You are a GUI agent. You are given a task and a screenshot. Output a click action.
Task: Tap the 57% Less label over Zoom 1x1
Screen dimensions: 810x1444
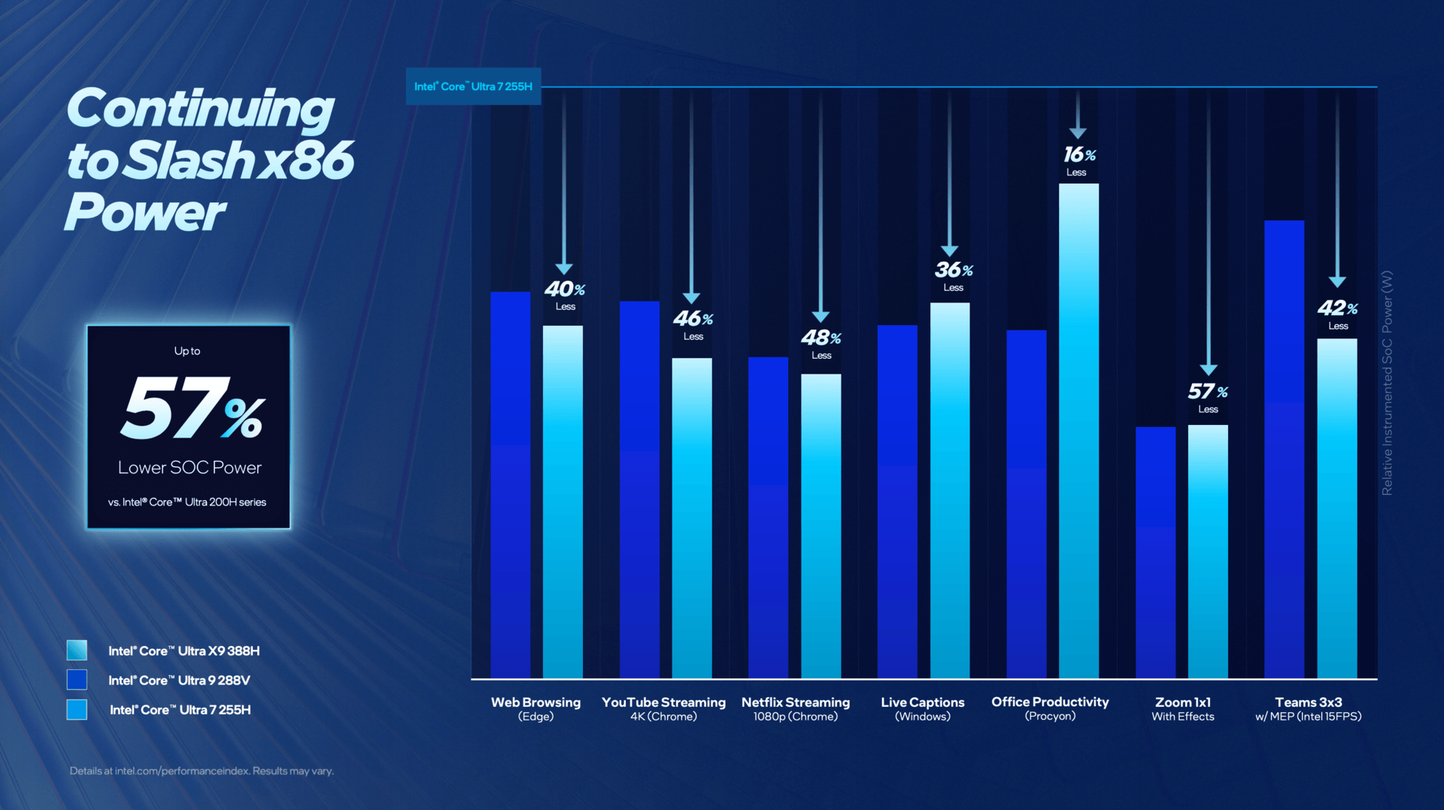(1208, 396)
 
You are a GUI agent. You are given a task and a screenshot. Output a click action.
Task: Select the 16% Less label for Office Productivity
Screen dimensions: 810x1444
(1078, 160)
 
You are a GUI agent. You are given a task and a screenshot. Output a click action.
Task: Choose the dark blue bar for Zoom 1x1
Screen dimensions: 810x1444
(1155, 552)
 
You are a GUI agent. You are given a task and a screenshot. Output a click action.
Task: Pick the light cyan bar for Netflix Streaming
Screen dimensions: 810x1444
(821, 526)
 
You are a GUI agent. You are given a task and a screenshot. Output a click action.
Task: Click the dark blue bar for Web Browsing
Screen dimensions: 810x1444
(510, 484)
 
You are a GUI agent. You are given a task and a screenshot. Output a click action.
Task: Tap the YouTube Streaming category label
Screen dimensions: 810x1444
(663, 708)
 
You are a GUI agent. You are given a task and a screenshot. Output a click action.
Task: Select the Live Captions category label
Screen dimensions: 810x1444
(922, 708)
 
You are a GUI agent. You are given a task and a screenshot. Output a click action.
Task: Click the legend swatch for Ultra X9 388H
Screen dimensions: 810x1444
(77, 650)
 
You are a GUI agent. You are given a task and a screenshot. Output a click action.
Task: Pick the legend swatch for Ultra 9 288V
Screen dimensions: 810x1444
(77, 680)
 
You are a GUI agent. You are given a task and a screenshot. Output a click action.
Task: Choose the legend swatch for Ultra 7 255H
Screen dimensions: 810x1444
(77, 709)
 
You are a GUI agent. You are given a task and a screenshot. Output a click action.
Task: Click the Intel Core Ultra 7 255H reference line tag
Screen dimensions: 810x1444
(473, 86)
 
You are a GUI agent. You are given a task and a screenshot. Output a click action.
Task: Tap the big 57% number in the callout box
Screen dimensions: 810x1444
(192, 408)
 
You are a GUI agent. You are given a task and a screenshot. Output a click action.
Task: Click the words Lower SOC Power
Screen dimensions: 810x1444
(190, 468)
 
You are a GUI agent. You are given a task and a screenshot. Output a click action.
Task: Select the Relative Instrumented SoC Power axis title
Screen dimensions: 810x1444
(1387, 383)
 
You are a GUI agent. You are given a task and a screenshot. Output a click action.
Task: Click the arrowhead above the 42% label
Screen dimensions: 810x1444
(1337, 282)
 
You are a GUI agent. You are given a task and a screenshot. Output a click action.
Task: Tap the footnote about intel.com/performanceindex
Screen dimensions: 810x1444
(202, 771)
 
